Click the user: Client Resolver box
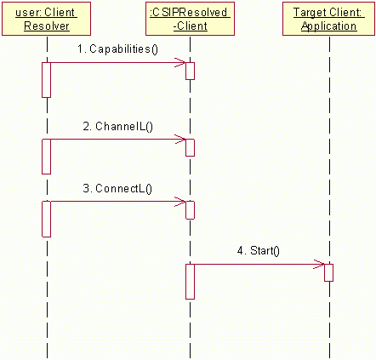(x=46, y=19)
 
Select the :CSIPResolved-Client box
(x=190, y=19)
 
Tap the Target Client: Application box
(x=328, y=19)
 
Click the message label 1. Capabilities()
(x=117, y=49)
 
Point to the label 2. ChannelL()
(x=117, y=126)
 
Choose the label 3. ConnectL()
(x=117, y=188)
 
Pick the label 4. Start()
(x=259, y=251)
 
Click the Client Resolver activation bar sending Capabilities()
(x=46, y=80)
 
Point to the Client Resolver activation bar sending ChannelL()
(x=46, y=157)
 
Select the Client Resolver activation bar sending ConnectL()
(x=46, y=219)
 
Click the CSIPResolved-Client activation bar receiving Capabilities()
(x=190, y=71)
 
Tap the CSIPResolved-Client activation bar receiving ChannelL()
(x=190, y=147)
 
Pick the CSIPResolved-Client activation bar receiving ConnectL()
(x=190, y=210)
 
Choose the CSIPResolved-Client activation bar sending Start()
(x=190, y=282)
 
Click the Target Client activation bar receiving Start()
(x=329, y=272)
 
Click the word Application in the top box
(x=328, y=26)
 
